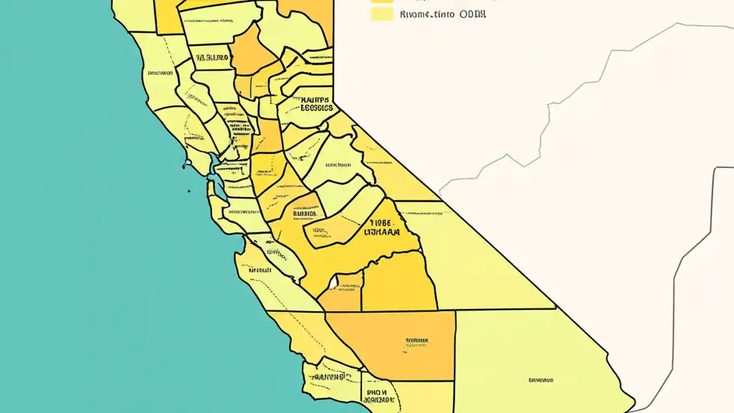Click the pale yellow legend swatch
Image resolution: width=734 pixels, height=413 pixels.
click(382, 14)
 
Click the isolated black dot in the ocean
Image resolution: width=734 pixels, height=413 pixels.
click(189, 191)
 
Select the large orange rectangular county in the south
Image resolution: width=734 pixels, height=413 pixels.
click(396, 344)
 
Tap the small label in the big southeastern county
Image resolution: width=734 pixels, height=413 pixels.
click(540, 380)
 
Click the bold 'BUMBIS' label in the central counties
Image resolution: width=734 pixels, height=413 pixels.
click(304, 214)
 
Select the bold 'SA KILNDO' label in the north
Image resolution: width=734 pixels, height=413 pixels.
click(212, 58)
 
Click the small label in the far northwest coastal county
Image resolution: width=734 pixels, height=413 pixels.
click(160, 73)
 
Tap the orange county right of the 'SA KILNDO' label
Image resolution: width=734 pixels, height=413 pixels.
click(252, 52)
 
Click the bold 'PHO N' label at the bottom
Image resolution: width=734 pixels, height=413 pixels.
click(377, 394)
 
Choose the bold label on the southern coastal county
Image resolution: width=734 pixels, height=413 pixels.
click(330, 377)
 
